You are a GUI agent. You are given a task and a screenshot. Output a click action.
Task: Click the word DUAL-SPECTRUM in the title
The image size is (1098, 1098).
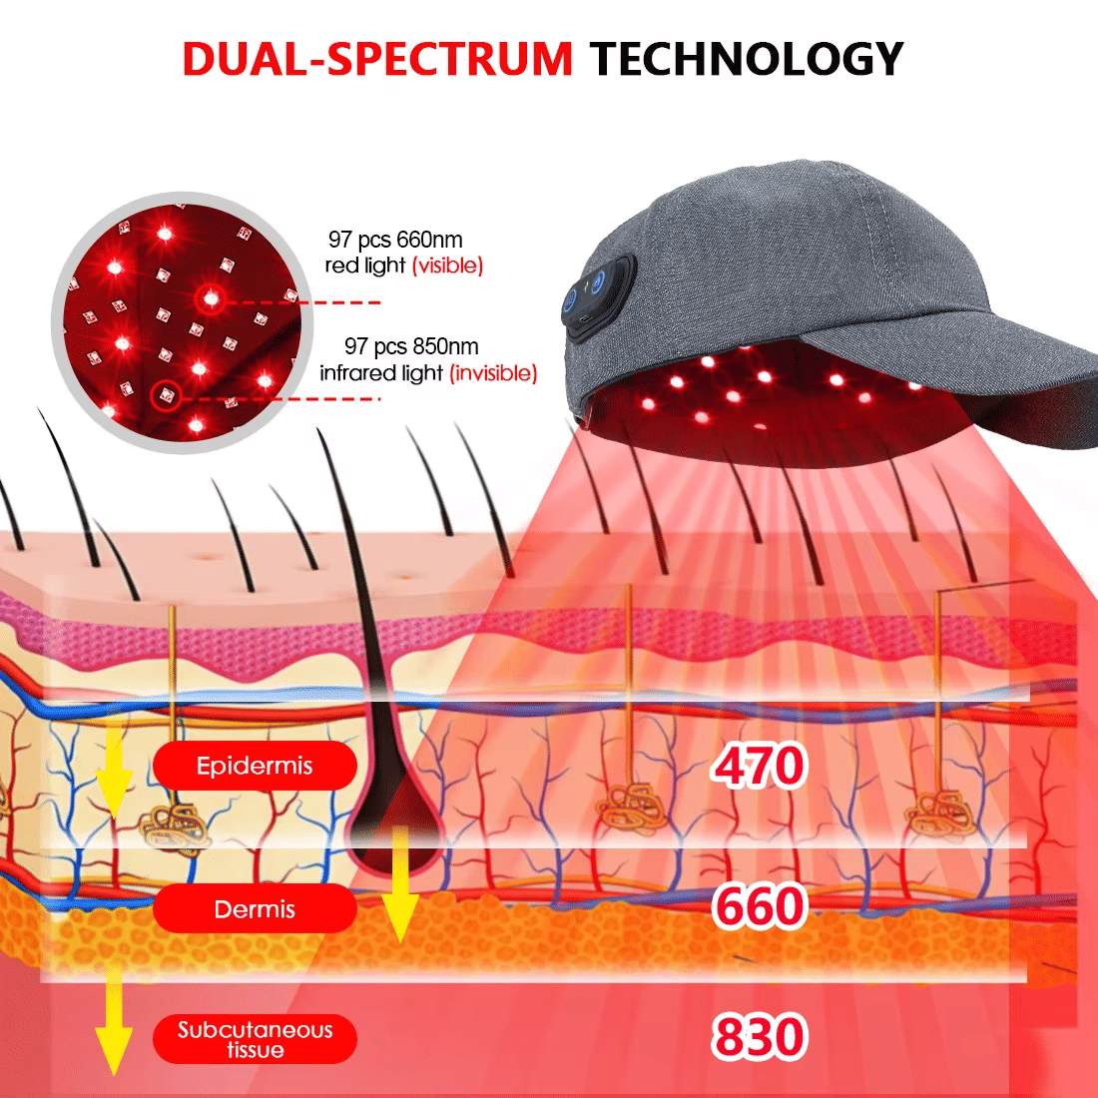[377, 59]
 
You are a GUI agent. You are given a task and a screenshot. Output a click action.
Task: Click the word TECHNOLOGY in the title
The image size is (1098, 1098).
[747, 59]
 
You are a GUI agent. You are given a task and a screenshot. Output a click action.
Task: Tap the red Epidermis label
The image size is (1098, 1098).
[255, 767]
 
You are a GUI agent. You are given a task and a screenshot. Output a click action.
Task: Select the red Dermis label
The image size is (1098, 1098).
[255, 909]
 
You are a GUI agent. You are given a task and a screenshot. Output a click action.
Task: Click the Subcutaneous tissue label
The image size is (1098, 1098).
[255, 1039]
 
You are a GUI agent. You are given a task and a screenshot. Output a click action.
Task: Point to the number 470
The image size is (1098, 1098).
[759, 767]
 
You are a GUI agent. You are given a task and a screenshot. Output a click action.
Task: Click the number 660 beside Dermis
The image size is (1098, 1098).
[759, 906]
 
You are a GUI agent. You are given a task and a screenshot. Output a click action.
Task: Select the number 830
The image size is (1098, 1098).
[759, 1036]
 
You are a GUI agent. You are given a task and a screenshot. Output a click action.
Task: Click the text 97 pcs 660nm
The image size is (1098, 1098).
[395, 240]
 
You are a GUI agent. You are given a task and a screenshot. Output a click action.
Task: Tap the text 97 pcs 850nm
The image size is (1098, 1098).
[411, 346]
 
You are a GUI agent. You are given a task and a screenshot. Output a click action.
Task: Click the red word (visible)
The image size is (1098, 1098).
[448, 266]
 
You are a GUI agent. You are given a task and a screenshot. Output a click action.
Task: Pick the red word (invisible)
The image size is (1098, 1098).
[493, 373]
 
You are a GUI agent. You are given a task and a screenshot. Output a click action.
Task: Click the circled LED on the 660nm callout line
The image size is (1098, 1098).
[209, 296]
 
